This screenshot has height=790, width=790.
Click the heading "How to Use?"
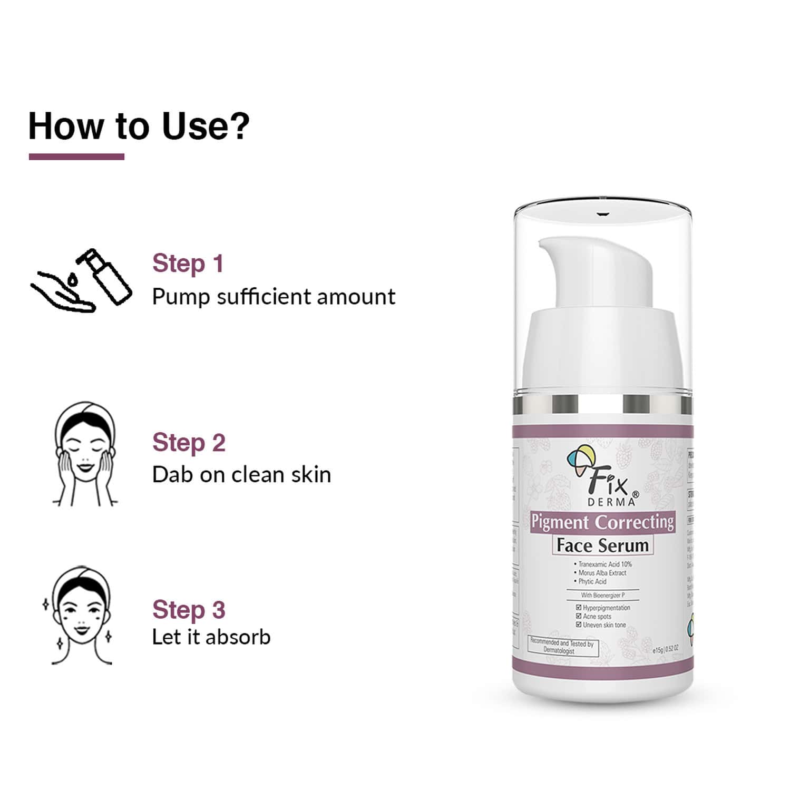click(x=139, y=126)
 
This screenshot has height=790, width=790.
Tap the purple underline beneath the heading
click(x=76, y=157)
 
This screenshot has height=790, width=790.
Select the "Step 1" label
click(x=188, y=264)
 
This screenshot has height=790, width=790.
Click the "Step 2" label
click(x=189, y=443)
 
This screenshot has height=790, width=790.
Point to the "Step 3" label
click(x=189, y=610)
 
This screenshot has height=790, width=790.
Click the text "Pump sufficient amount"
click(x=274, y=297)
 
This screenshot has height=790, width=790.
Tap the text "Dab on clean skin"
click(x=241, y=475)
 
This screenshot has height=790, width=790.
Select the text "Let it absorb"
click(x=211, y=637)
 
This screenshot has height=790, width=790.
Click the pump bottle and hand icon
click(x=81, y=280)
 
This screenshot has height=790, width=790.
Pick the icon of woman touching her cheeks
click(x=84, y=454)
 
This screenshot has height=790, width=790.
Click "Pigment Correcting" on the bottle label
click(x=602, y=522)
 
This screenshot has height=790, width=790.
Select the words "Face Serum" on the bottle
click(x=602, y=545)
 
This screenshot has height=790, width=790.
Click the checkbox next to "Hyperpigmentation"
click(x=579, y=608)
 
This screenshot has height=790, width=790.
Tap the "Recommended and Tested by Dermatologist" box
click(x=563, y=647)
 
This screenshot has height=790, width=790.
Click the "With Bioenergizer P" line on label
click(x=602, y=595)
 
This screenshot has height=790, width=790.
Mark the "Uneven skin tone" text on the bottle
click(x=604, y=625)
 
